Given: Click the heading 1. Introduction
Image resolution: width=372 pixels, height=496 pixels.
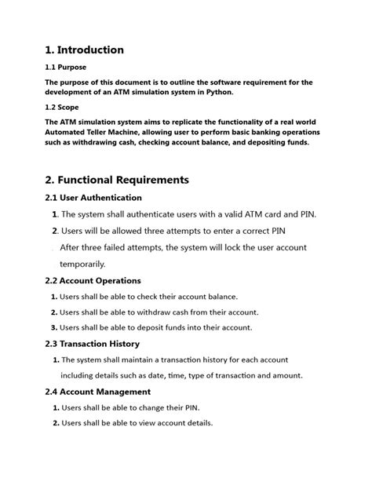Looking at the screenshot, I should pyautogui.click(x=84, y=49).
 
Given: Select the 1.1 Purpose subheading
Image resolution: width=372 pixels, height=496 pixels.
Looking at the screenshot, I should pyautogui.click(x=66, y=67).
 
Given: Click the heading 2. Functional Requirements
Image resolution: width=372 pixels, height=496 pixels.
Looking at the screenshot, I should pyautogui.click(x=117, y=180).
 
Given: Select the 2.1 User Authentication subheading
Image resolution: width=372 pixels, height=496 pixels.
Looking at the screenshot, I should pyautogui.click(x=93, y=198).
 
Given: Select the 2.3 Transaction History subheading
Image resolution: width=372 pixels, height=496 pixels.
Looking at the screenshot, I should pyautogui.click(x=93, y=344).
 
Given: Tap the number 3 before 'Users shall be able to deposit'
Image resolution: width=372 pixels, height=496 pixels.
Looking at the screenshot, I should pyautogui.click(x=53, y=327).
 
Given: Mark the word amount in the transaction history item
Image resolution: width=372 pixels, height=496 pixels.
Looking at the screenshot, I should pyautogui.click(x=288, y=375).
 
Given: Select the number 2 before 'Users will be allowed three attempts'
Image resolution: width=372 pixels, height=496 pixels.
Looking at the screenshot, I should pyautogui.click(x=54, y=231).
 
